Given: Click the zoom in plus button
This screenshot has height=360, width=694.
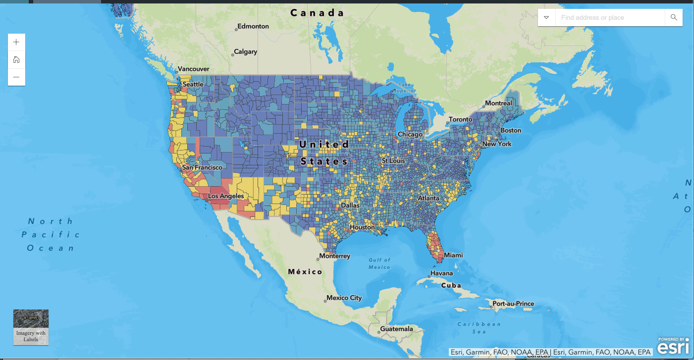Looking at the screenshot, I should (16, 42).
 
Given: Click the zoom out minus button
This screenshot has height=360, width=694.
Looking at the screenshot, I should (16, 77).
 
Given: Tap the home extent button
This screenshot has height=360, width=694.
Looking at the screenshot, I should (16, 60).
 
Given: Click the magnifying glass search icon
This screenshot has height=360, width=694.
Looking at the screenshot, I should (674, 17).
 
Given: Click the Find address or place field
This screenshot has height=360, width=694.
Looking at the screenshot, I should (609, 17).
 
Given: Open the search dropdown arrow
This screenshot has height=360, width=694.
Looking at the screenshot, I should (546, 17).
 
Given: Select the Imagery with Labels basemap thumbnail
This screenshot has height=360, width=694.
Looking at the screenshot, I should (31, 327).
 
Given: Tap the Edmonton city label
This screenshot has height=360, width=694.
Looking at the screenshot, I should (253, 26).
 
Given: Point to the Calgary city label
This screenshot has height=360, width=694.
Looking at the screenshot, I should (246, 51).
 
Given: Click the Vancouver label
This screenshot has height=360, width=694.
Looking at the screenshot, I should (193, 69).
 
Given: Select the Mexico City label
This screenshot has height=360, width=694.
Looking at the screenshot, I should (344, 298).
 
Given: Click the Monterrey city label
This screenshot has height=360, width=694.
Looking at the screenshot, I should (334, 256).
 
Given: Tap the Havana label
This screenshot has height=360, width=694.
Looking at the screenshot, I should (441, 273).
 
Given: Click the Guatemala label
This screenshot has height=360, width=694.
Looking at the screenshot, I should (396, 329).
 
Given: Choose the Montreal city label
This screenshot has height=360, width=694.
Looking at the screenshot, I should (498, 103).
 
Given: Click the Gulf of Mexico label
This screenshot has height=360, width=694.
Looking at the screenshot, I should (379, 263).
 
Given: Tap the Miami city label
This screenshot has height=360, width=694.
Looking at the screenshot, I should (453, 255).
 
